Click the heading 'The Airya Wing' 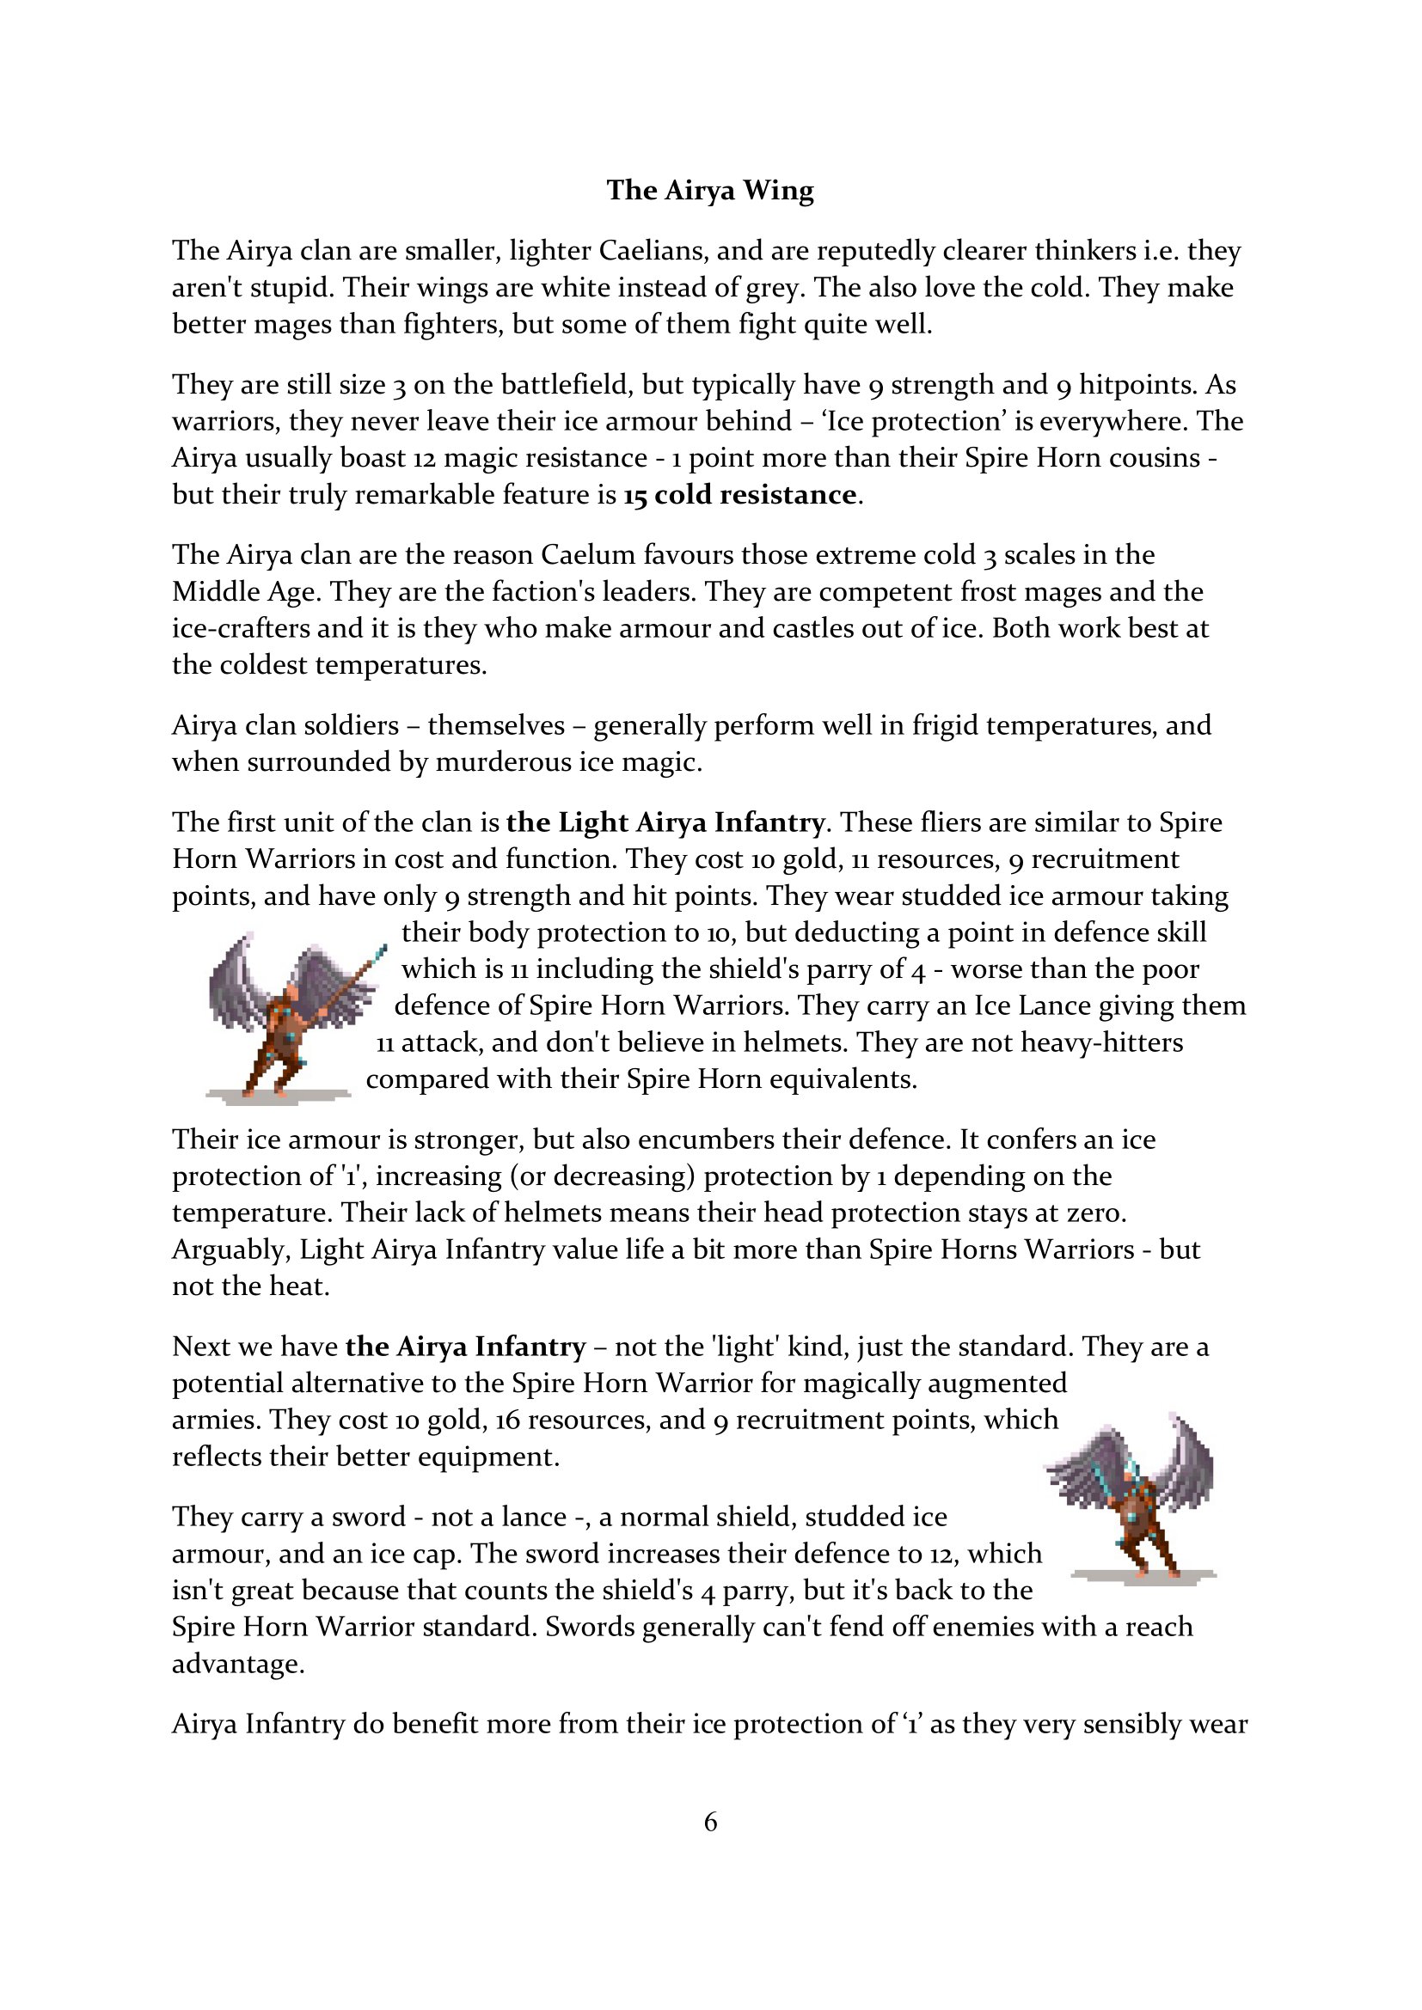pyautogui.click(x=710, y=190)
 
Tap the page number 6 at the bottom pyautogui.click(x=710, y=1821)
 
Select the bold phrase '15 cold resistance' pyautogui.click(x=739, y=495)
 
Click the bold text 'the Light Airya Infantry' pyautogui.click(x=665, y=822)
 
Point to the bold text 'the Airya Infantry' pyautogui.click(x=465, y=1346)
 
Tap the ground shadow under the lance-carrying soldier pyautogui.click(x=278, y=1093)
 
